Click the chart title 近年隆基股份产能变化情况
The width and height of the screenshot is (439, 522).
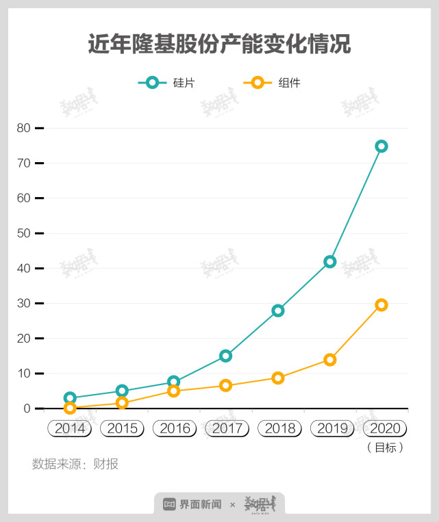219,45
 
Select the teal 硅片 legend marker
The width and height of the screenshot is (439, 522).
152,83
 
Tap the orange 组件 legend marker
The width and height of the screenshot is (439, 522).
257,83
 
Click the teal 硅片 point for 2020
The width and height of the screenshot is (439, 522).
381,146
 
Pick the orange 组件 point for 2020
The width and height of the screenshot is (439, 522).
381,304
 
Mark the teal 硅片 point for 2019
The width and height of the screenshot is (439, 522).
329,261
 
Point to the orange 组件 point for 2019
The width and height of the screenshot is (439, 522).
329,359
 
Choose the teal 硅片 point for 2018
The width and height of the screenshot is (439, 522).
277,311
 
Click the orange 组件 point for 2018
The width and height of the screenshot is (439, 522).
277,378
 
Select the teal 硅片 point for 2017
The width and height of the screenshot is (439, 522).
225,356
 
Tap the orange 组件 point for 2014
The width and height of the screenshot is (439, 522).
70,408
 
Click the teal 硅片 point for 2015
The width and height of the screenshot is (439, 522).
122,391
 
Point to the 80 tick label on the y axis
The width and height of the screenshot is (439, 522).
23,128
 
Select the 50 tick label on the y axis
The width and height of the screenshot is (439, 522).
23,233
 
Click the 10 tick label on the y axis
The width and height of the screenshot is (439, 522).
23,374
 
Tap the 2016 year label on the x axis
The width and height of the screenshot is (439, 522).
175,429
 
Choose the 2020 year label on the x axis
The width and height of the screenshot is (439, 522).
385,429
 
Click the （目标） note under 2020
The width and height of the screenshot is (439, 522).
385,447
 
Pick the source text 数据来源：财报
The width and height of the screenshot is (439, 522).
75,464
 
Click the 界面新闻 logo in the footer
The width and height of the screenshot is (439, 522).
192,504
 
